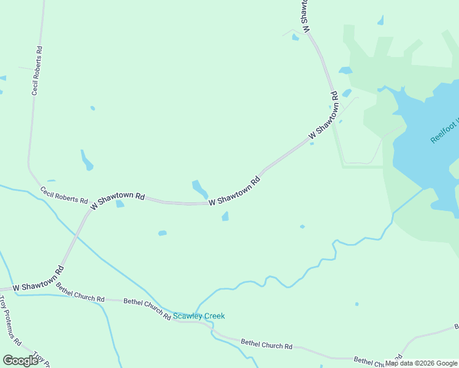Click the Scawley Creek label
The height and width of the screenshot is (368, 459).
click(x=199, y=316)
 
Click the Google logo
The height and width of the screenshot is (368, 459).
click(x=20, y=360)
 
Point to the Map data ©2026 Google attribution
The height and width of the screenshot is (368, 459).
click(x=422, y=363)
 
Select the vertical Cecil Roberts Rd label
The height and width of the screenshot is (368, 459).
click(x=36, y=71)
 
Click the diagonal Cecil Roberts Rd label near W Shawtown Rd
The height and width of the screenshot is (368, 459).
click(x=64, y=196)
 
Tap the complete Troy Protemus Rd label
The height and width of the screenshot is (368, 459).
click(x=11, y=321)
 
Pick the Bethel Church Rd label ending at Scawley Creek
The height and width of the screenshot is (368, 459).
click(x=147, y=308)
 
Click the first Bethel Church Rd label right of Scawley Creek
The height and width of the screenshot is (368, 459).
click(x=266, y=344)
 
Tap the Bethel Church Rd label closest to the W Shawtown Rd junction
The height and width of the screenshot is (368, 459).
click(x=80, y=291)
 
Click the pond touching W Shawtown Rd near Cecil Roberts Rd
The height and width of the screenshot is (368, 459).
click(x=120, y=204)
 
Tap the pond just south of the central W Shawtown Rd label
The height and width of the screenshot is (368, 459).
click(x=225, y=216)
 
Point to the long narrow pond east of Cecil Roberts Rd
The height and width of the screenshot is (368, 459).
click(x=87, y=160)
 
